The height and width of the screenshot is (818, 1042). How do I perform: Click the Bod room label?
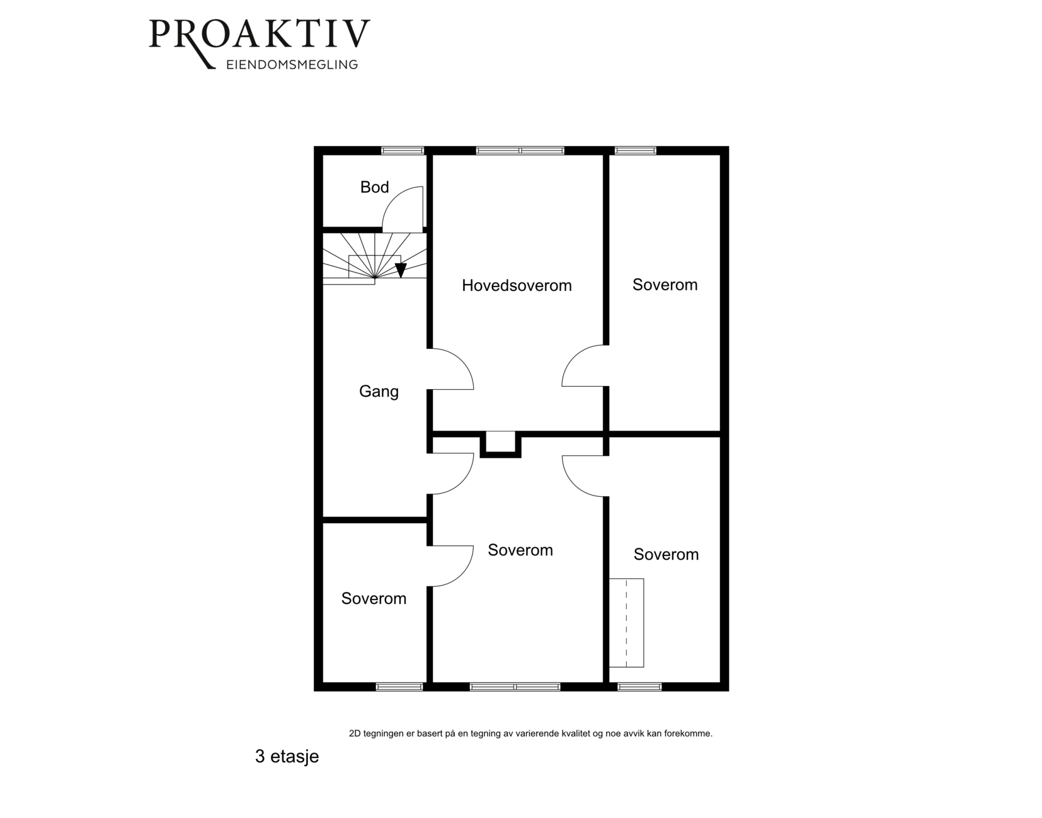tap(374, 187)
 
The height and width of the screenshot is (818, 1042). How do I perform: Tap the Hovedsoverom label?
tap(517, 286)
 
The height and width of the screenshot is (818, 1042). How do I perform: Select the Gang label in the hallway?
tap(379, 392)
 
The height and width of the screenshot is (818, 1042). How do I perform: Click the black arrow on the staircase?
tap(401, 270)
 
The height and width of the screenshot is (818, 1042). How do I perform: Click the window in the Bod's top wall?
tap(403, 151)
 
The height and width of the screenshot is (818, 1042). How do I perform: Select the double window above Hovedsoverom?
tap(520, 151)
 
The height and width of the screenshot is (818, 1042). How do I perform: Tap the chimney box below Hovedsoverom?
tap(500, 444)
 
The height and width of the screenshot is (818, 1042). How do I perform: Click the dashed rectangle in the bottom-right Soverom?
tap(626, 623)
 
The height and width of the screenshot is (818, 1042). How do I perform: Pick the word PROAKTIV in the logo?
tap(260, 35)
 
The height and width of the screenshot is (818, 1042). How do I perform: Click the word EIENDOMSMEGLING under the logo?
tap(292, 65)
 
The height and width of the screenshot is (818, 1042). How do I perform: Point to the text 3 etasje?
tap(287, 756)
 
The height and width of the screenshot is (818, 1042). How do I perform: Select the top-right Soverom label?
tap(665, 285)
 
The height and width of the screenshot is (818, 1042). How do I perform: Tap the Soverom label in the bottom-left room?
tap(374, 598)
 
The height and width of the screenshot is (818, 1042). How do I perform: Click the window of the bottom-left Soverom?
tap(399, 686)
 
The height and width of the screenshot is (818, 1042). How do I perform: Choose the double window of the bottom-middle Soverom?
tap(515, 686)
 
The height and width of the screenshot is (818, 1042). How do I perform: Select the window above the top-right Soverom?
tap(636, 151)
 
